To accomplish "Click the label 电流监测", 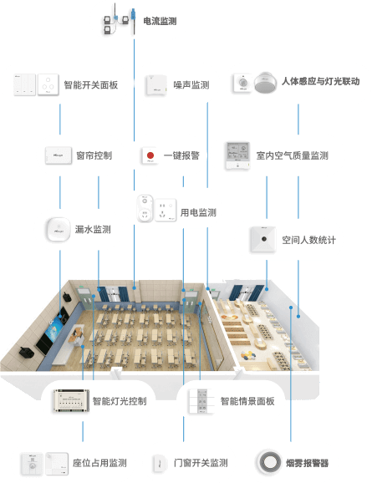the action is click(x=160, y=21).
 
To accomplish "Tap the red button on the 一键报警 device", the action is click(x=150, y=155).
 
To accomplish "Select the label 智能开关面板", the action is click(x=91, y=84).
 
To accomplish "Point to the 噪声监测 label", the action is click(x=191, y=84).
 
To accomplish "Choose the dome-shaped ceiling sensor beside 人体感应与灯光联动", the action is click(x=265, y=82).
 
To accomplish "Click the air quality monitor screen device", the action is click(x=237, y=155).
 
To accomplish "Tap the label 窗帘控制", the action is click(x=94, y=155).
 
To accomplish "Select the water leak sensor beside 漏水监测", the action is click(x=58, y=230).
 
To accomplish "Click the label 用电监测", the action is click(x=198, y=212).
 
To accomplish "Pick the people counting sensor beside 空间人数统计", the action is click(x=262, y=239).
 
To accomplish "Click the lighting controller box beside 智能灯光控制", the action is click(x=72, y=401).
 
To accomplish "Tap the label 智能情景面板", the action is click(x=247, y=401).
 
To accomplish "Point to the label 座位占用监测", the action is click(x=99, y=463).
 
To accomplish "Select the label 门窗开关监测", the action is click(x=201, y=463).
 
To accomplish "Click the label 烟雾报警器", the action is click(x=308, y=463).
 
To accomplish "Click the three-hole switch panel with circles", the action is click(x=48, y=84).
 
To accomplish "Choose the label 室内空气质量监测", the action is click(x=293, y=155).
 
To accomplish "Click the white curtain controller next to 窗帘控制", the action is click(x=59, y=155).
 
